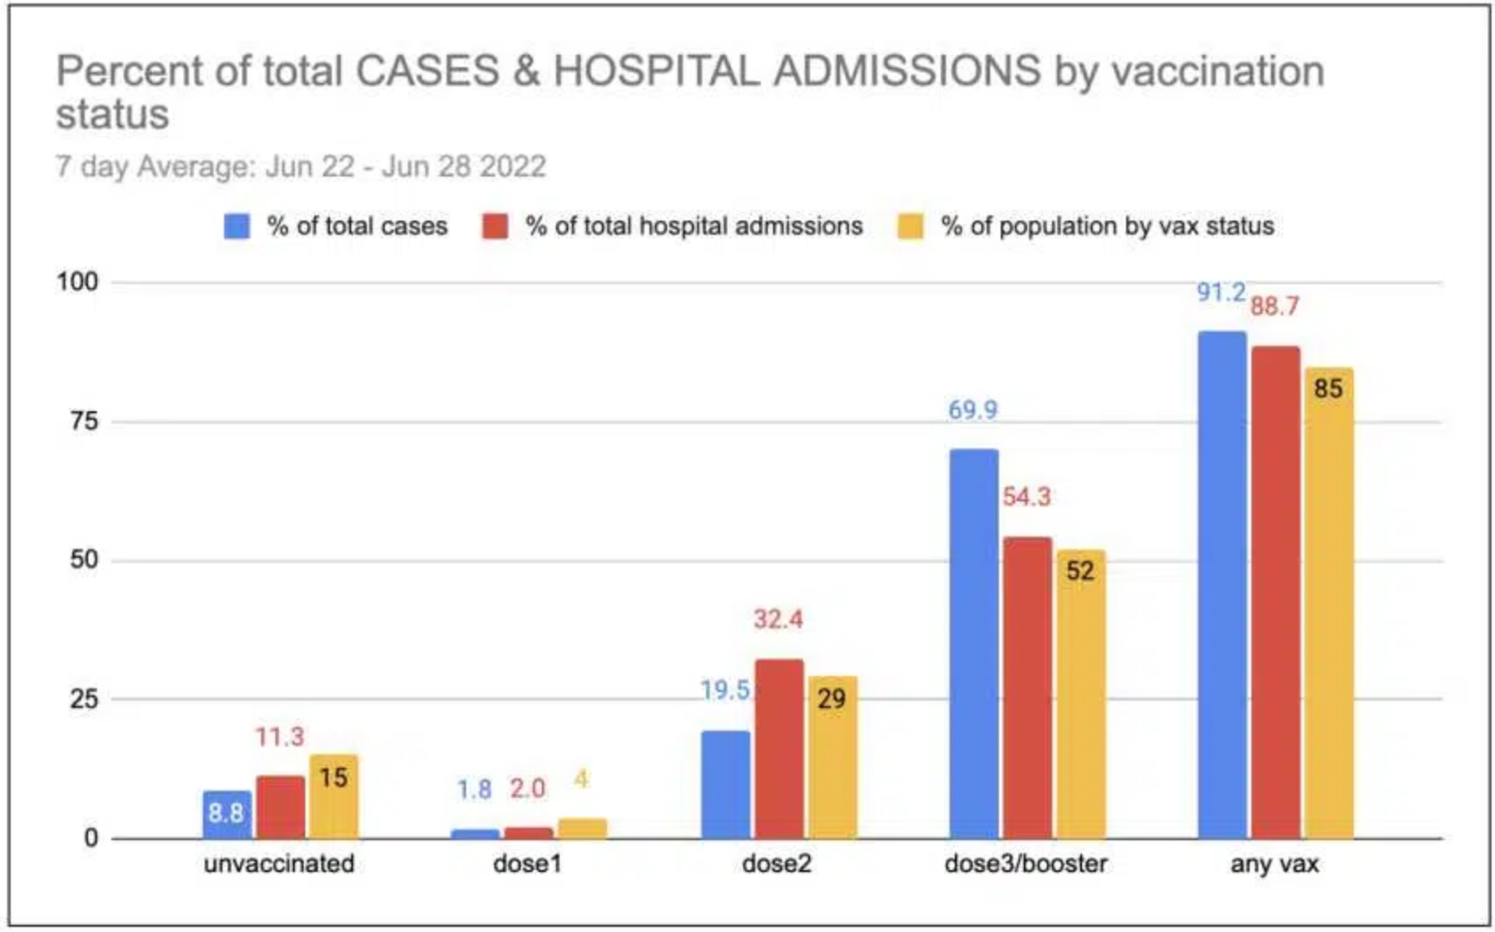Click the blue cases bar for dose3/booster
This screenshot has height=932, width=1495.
coord(973,644)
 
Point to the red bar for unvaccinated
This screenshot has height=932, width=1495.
coord(281,808)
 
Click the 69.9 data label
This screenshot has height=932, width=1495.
coord(973,410)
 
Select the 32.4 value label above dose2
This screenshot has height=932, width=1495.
coord(778,619)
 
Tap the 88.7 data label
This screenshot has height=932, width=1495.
coord(1274,306)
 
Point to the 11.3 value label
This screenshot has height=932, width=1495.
coord(280,736)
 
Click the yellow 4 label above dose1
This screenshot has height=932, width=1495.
coord(581,778)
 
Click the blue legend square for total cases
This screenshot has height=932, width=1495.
coord(237,227)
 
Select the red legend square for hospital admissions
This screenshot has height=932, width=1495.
coord(495,227)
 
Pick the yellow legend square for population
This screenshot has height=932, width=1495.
coord(910,227)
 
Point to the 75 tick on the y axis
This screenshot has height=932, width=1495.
coord(85,421)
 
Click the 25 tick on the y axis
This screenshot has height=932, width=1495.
coord(85,699)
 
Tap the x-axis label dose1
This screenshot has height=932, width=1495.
coord(527,863)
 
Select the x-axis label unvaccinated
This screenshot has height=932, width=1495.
coord(279,863)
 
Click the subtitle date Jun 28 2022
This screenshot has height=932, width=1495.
coord(463,167)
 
